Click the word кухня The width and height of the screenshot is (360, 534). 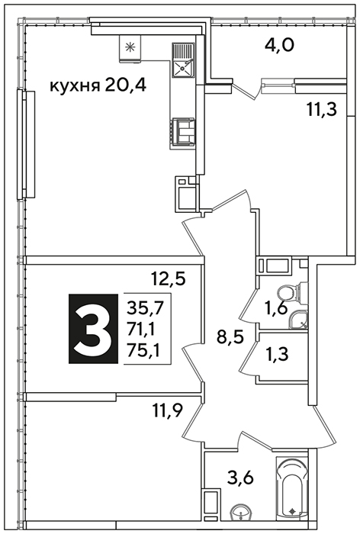tap(75, 86)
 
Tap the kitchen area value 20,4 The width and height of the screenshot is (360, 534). tap(126, 85)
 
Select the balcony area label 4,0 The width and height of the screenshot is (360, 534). tap(279, 45)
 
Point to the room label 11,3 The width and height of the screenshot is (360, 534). tap(322, 110)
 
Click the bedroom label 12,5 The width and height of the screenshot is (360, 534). tap(169, 280)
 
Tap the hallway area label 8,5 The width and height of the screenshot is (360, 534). tap(231, 338)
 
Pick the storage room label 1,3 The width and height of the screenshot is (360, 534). tap(276, 354)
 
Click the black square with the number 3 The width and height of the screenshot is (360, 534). tap(94, 329)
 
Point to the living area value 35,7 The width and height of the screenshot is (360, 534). tap(146, 309)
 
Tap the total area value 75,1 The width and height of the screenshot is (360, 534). tap(143, 349)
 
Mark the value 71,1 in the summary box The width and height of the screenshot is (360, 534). tap(141, 330)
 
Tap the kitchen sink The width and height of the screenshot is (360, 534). tap(183, 60)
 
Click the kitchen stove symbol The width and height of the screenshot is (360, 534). tap(183, 132)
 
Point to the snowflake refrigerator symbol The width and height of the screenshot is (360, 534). tap(130, 48)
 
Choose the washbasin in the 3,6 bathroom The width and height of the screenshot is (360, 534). tap(240, 512)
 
